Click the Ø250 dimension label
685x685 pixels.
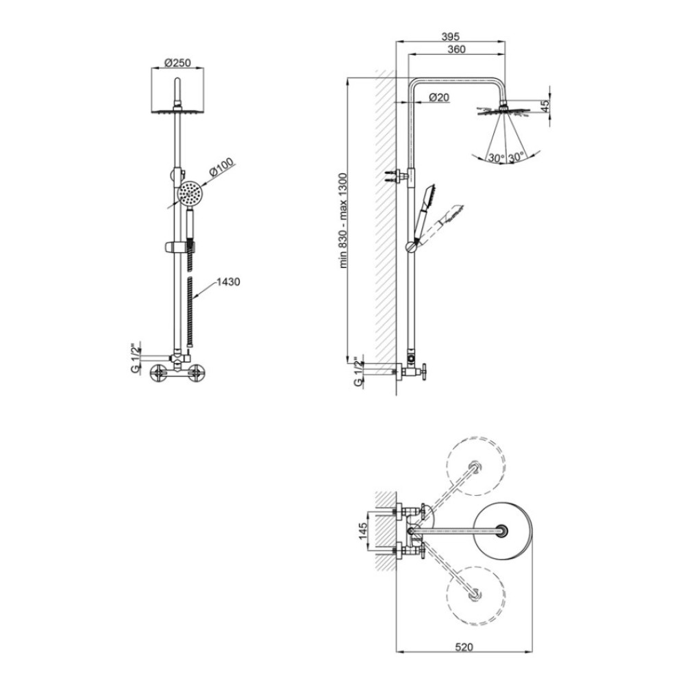click(178, 63)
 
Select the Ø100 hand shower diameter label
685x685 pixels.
click(221, 166)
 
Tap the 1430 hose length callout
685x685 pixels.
click(228, 282)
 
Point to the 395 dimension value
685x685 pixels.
click(451, 37)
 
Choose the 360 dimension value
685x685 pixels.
click(456, 49)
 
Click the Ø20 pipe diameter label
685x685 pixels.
click(438, 97)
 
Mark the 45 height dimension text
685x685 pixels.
click(545, 106)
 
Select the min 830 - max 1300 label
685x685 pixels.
click(343, 221)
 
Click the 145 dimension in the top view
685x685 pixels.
click(363, 531)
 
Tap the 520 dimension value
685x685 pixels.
click(464, 647)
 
